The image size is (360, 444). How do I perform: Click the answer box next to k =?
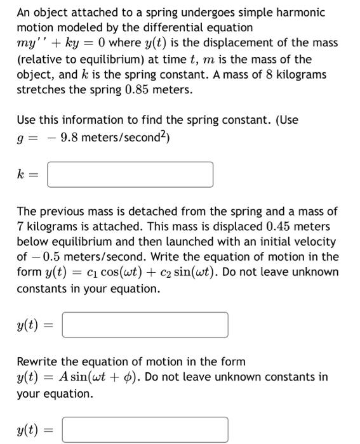pyautogui.click(x=130, y=174)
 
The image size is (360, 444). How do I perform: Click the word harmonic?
pyautogui.click(x=299, y=13)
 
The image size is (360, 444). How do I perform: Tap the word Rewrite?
pyautogui.click(x=37, y=362)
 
